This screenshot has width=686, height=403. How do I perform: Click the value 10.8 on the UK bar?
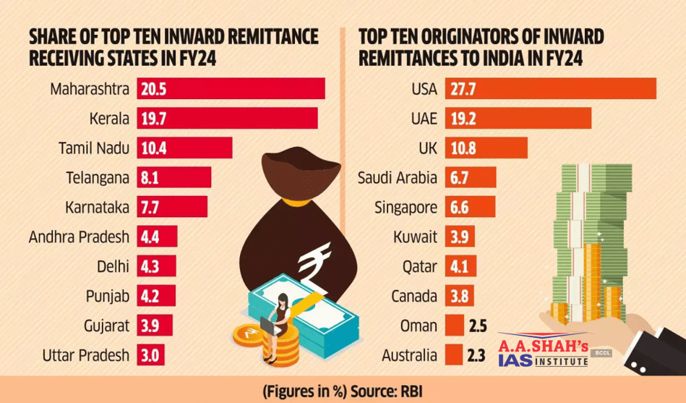466,148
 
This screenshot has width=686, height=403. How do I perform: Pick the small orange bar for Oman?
454,326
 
